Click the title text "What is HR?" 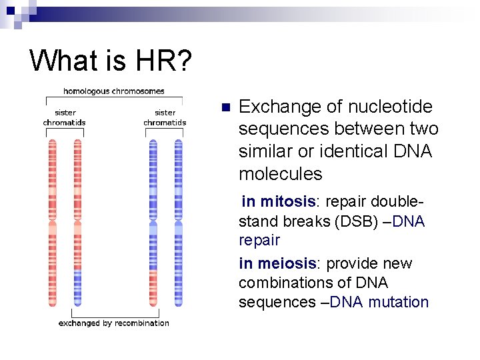tap(111, 61)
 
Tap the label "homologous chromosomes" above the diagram tap(114, 91)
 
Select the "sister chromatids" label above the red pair tap(65, 117)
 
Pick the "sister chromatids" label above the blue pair tap(165, 117)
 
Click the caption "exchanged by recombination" tap(114, 323)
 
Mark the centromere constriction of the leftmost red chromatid tap(53, 218)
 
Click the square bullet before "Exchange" tap(225, 107)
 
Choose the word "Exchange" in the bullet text tap(274, 107)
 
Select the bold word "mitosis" tap(287, 201)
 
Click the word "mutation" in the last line tap(399, 302)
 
